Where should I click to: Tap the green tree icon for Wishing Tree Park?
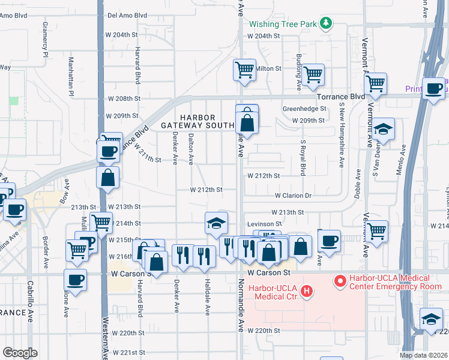point(325,23)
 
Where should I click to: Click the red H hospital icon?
point(307,292)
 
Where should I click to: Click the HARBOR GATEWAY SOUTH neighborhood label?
point(197,121)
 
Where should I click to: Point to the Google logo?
point(20,353)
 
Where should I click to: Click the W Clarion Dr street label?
point(294,196)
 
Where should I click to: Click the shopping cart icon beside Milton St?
point(245,70)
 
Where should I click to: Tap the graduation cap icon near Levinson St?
point(216,224)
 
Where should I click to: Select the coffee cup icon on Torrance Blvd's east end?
point(434,88)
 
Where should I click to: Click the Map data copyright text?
point(423,355)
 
